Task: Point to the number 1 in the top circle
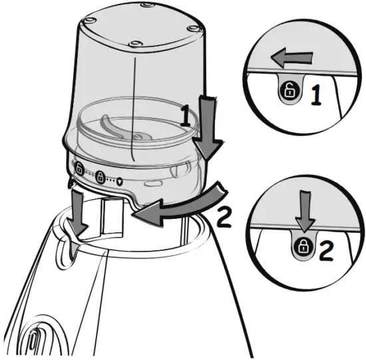pyautogui.click(x=317, y=95)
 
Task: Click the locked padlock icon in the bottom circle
pyautogui.click(x=303, y=247)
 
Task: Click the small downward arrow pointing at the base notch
pyautogui.click(x=79, y=213)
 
